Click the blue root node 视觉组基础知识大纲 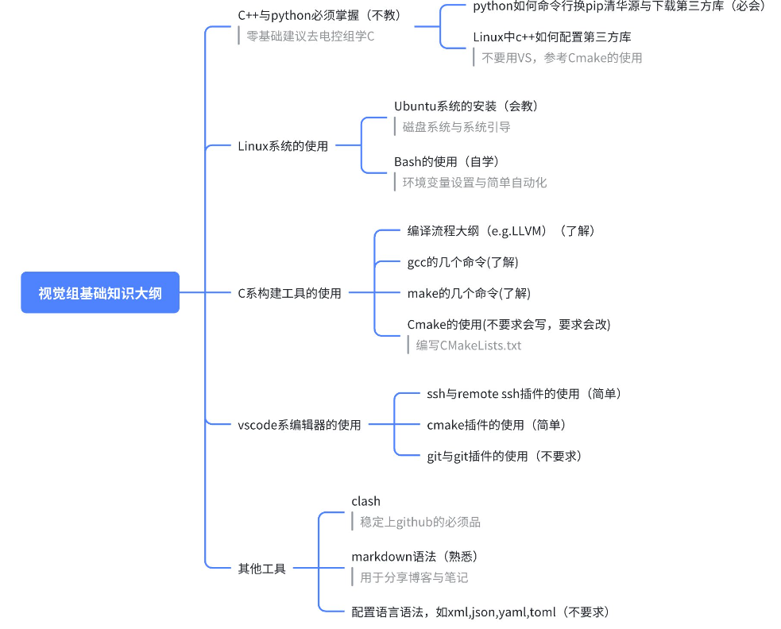coord(100,293)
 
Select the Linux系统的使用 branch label coord(283,146)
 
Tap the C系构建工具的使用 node coord(289,293)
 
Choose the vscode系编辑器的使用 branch coord(300,425)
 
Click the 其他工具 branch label coord(261,569)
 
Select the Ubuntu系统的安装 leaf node coord(471,106)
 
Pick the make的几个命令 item coord(468,293)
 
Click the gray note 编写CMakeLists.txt coord(468,345)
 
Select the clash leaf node coord(365,501)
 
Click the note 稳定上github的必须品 coord(419,522)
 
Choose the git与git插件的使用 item coord(504,456)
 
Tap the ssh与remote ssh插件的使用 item coord(524,393)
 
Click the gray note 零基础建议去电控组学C coord(309,36)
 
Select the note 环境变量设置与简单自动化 coord(474,182)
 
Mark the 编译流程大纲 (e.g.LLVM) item coord(501,231)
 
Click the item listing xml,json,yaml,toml coord(480,612)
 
